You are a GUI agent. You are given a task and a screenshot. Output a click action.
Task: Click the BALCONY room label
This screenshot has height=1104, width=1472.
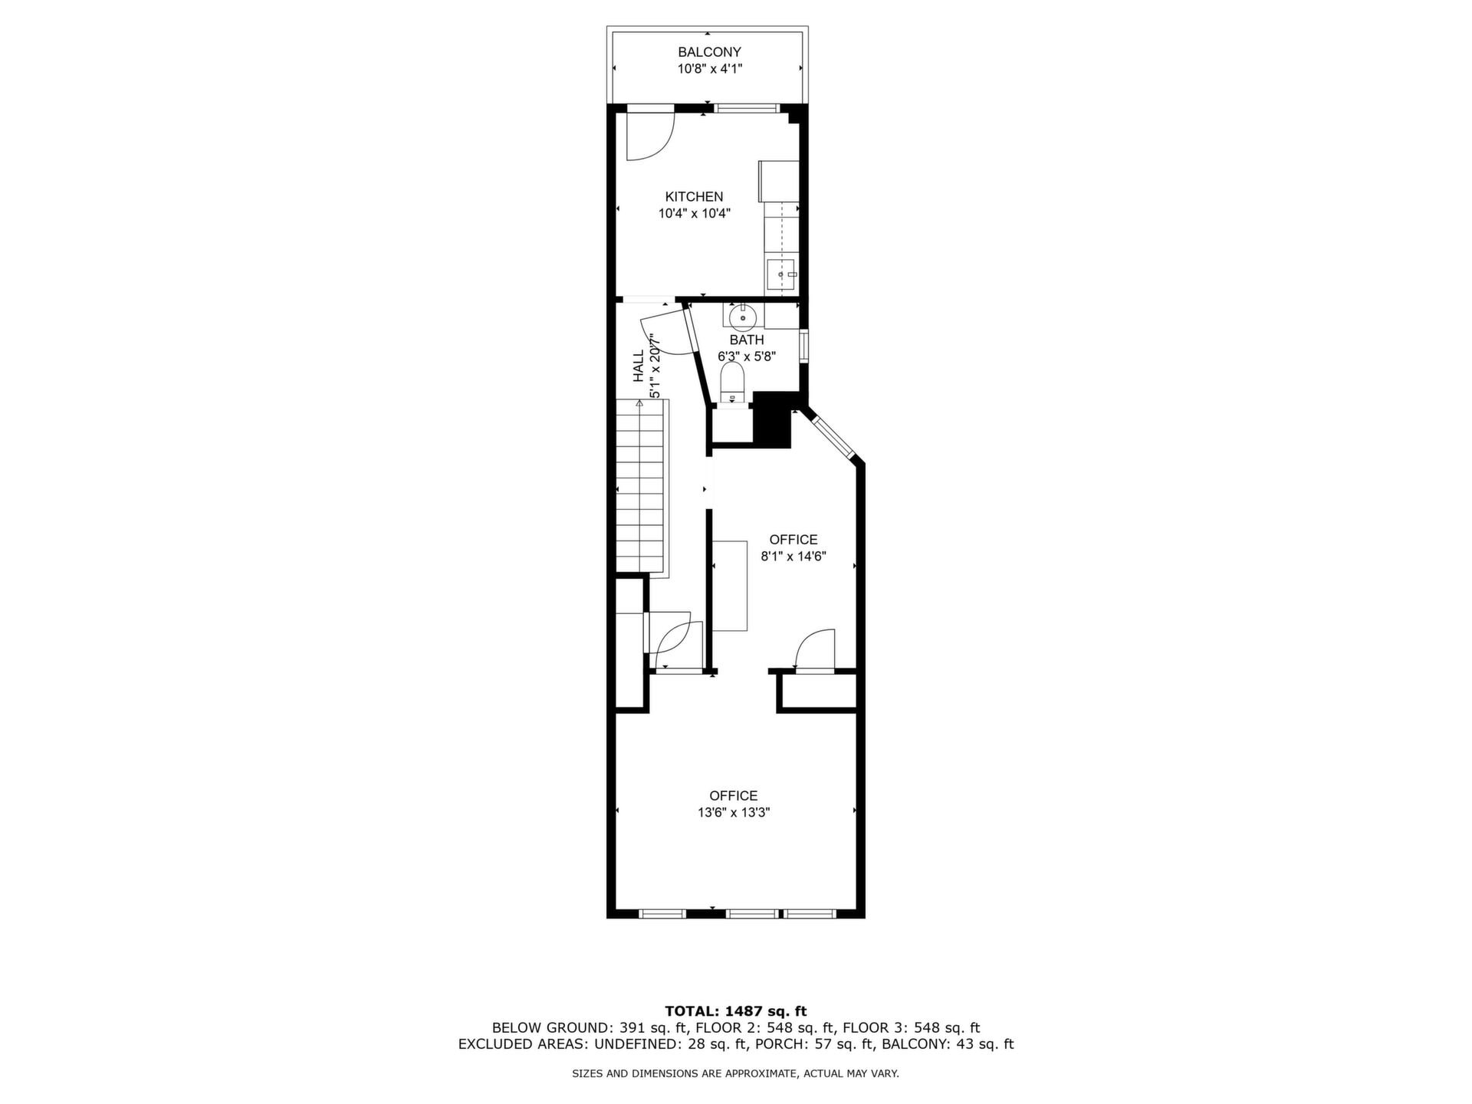click(709, 52)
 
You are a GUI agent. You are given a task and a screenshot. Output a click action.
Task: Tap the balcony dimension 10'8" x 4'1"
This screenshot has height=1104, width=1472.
click(709, 69)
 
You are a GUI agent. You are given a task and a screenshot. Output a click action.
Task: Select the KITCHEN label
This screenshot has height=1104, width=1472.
click(694, 197)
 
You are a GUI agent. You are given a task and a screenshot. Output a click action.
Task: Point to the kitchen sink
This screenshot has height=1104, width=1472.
click(782, 274)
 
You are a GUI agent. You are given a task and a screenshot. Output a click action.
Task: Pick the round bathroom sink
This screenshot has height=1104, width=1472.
click(743, 316)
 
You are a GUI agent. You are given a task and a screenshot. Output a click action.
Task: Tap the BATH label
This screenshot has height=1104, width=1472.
click(747, 340)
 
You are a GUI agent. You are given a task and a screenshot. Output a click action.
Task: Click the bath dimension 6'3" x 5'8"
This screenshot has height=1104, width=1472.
click(747, 356)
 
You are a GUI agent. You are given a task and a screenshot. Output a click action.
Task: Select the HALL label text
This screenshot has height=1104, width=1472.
click(639, 366)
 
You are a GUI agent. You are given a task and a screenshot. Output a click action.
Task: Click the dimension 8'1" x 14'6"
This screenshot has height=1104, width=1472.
click(793, 557)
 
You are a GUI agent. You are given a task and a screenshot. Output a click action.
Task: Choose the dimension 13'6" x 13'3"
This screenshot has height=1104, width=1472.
click(734, 813)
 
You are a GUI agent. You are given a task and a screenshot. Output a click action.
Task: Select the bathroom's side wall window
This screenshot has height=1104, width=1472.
click(803, 346)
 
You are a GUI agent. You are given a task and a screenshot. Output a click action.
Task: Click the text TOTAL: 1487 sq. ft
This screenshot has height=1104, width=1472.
click(736, 1011)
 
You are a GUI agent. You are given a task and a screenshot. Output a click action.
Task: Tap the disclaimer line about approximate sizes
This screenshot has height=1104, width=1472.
click(736, 1074)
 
